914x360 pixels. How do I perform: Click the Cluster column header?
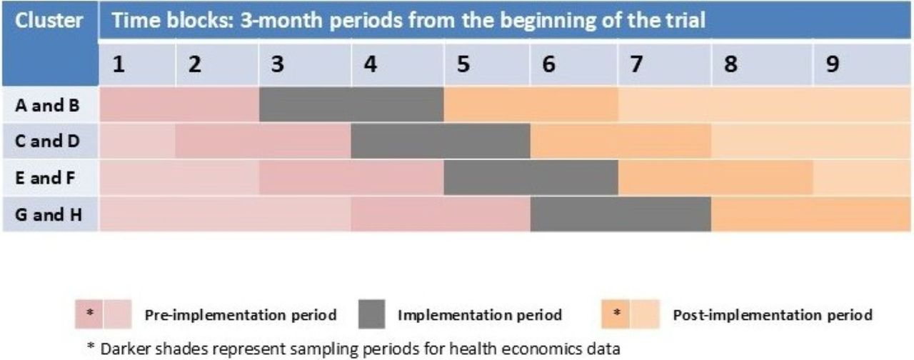[x=49, y=21]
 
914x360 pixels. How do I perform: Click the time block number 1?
[x=119, y=64]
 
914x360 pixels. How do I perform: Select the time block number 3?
[x=278, y=64]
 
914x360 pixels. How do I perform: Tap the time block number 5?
[x=463, y=64]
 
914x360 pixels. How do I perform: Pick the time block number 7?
[x=636, y=64]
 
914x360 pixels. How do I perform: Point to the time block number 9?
[x=833, y=64]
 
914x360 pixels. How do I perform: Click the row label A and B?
[x=47, y=105]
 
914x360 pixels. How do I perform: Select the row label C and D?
[x=47, y=141]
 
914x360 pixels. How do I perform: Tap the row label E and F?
[x=45, y=178]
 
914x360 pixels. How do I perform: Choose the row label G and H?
[x=49, y=214]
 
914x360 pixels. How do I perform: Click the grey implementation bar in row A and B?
[x=351, y=104]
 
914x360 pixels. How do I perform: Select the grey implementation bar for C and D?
[x=441, y=141]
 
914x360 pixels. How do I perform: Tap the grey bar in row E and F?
[x=531, y=178]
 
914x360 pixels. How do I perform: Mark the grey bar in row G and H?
[x=621, y=214]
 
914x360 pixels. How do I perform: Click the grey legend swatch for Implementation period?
[x=372, y=314]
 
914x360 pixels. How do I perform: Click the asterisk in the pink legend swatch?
[x=90, y=313]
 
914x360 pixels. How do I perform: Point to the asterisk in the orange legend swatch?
[x=616, y=313]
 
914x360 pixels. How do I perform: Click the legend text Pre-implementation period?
[x=241, y=315]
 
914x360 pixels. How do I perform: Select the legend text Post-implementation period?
[x=773, y=315]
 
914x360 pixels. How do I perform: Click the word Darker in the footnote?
[x=125, y=349]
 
